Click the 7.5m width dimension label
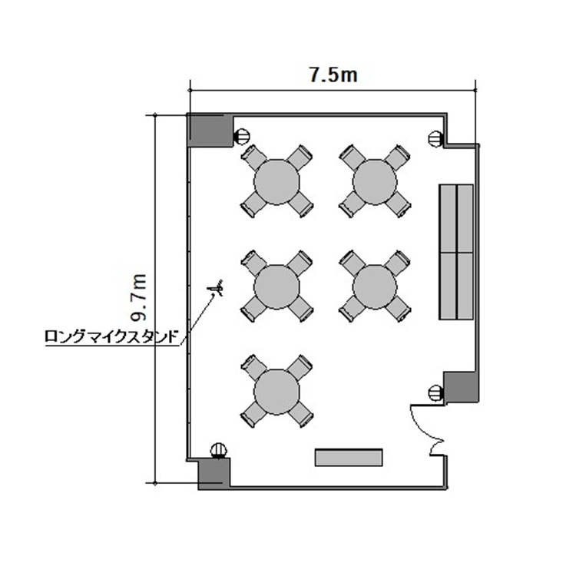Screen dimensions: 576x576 tap(333, 75)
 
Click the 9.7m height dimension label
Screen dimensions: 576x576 tap(140, 297)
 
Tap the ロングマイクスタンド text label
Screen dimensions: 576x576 tap(112, 336)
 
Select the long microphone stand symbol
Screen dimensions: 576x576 tap(217, 288)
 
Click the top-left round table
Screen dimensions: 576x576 tap(276, 182)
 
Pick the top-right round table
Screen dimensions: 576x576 tap(375, 181)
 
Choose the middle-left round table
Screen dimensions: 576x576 tap(276, 286)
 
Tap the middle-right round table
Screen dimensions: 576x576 tap(375, 286)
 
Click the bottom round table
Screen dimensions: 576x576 tap(276, 392)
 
